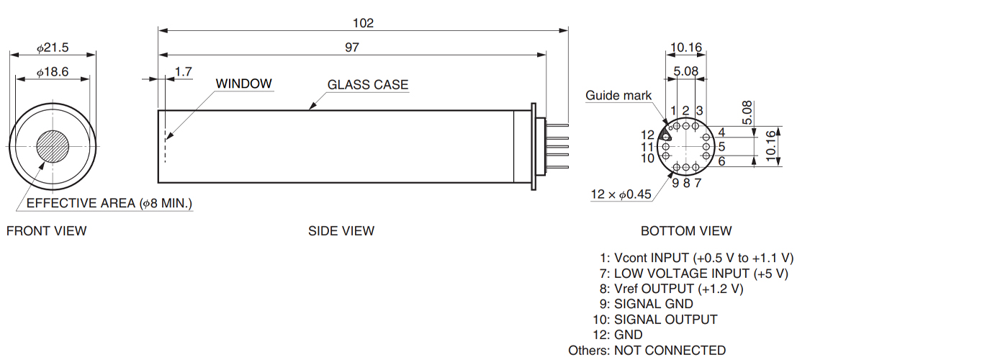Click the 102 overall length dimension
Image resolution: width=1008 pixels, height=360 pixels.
(x=364, y=23)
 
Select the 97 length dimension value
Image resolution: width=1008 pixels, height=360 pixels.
(x=351, y=48)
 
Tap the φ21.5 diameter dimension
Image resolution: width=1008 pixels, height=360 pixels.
(x=53, y=48)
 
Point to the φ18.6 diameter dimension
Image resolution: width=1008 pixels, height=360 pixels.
(x=53, y=72)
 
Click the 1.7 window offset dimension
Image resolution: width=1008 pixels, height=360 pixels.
(x=184, y=72)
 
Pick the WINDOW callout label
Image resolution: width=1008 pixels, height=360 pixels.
(x=245, y=84)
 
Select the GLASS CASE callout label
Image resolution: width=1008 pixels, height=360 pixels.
(x=368, y=85)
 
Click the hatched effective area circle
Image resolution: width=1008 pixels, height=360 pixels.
(x=53, y=146)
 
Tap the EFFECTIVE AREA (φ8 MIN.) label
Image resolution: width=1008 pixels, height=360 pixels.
(x=109, y=204)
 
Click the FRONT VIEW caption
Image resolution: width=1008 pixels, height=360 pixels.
(x=46, y=231)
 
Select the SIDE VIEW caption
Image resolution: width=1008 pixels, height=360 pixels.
(x=341, y=231)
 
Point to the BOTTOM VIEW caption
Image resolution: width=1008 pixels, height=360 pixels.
(x=686, y=231)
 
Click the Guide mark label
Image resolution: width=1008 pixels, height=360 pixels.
(x=618, y=95)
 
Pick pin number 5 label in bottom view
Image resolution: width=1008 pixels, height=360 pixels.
(x=721, y=147)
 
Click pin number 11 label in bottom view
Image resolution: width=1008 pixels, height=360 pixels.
(x=648, y=147)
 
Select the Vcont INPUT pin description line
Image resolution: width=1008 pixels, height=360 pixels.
(x=697, y=258)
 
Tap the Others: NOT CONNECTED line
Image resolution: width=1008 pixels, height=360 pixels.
(x=647, y=351)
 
